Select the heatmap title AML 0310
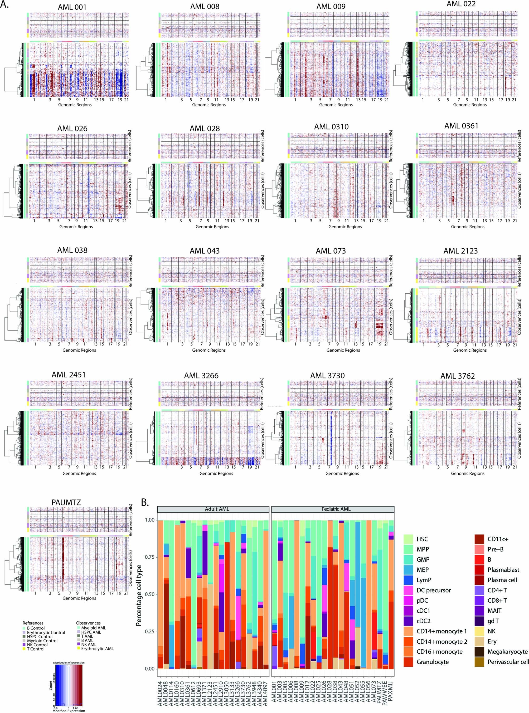(331, 127)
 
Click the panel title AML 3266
(201, 376)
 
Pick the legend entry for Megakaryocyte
(507, 652)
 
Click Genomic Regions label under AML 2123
(469, 350)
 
